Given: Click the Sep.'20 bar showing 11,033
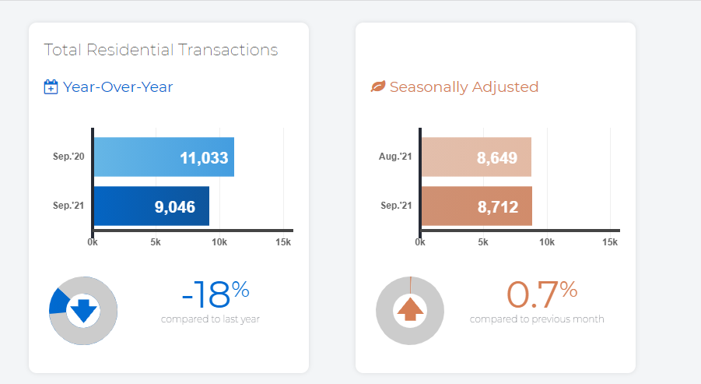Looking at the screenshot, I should click(163, 157).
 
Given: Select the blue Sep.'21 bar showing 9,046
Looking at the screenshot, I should click(152, 206).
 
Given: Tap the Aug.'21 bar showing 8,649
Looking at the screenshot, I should click(476, 157).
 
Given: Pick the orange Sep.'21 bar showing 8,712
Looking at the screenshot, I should click(476, 206).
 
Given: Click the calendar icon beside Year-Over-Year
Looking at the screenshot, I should click(51, 86).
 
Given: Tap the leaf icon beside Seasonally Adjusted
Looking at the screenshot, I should click(378, 86).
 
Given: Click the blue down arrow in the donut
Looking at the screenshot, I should click(83, 311).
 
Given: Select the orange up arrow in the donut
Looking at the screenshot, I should click(410, 311).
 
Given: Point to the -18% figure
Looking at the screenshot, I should click(215, 294).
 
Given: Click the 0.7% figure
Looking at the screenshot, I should click(542, 294).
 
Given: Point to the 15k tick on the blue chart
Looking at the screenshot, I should click(283, 243).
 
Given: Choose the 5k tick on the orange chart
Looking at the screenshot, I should click(483, 243).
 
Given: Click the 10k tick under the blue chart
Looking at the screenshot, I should click(219, 243).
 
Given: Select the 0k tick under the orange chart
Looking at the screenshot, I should click(420, 243).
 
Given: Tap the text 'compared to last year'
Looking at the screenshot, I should click(210, 319).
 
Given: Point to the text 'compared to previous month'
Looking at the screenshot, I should click(537, 319).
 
